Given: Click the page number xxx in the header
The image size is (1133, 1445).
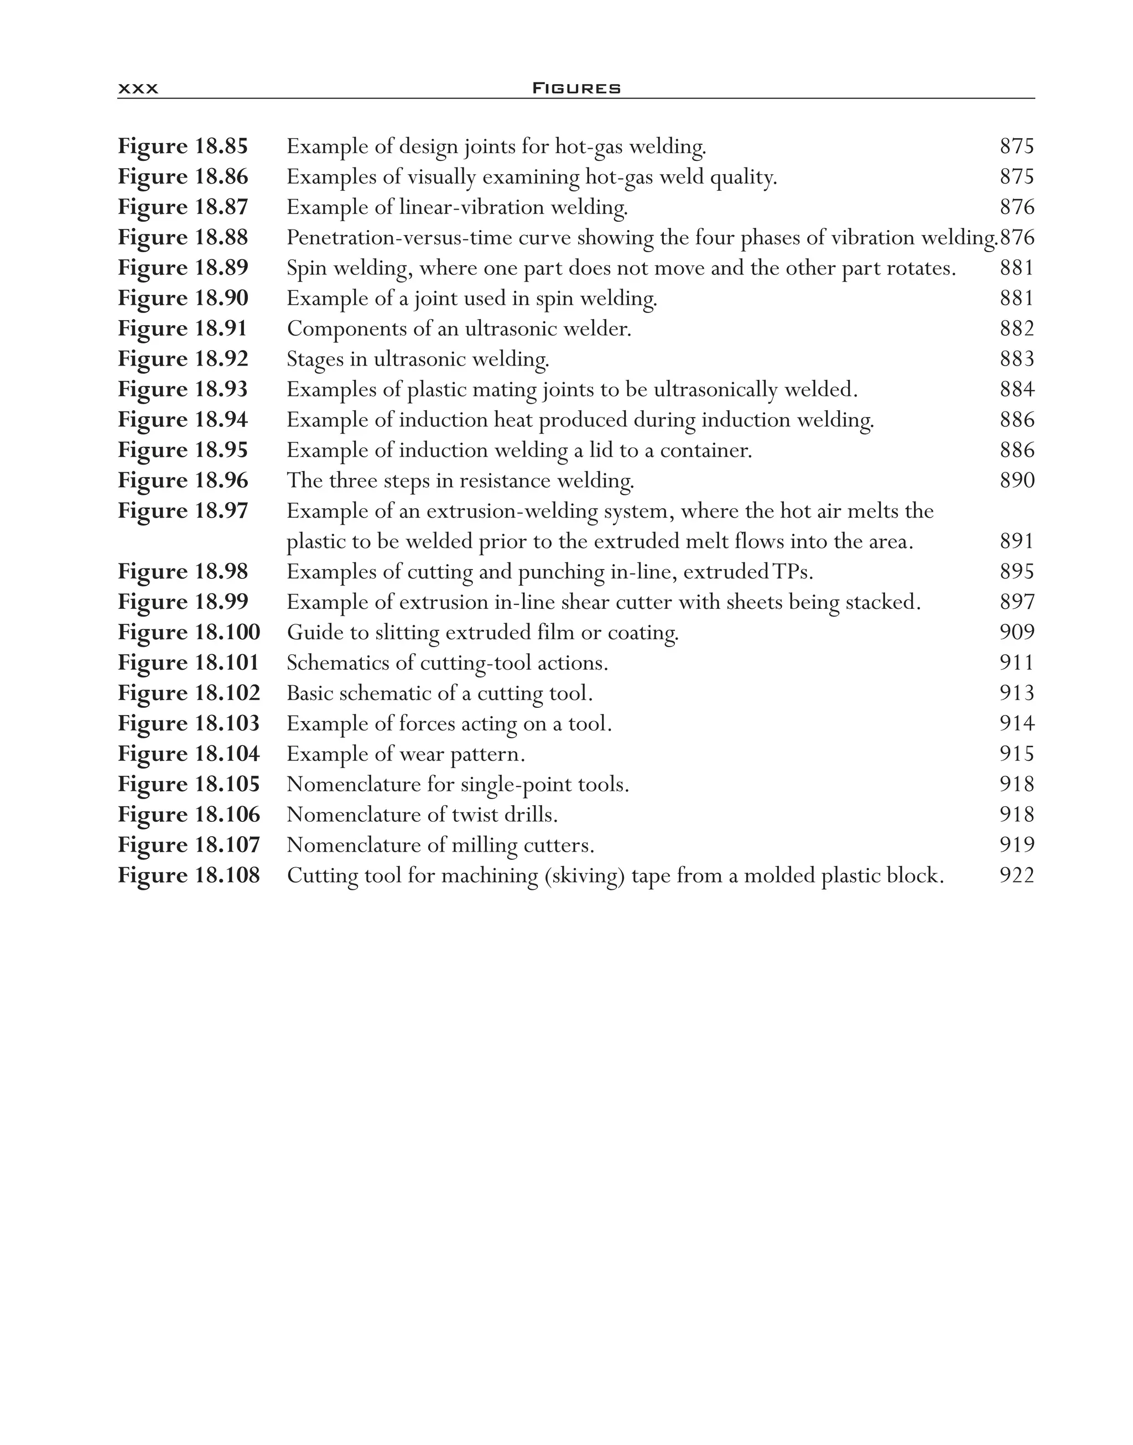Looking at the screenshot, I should click(x=138, y=89).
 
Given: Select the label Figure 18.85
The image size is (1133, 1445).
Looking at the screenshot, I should click(x=183, y=146).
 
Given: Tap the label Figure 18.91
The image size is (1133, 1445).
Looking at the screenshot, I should click(x=183, y=328).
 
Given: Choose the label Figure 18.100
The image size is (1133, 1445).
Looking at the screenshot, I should click(x=189, y=632).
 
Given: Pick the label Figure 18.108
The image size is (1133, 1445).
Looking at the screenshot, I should click(x=189, y=875).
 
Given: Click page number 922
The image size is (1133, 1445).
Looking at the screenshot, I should click(x=1016, y=875).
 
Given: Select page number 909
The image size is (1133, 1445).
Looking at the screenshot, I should click(x=1016, y=632).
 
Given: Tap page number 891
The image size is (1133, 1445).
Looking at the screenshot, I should click(x=1016, y=541).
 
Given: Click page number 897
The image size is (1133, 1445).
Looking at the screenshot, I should click(x=1016, y=602).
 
